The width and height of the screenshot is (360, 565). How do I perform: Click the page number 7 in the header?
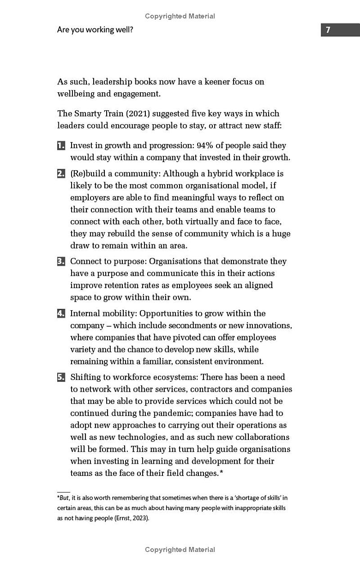tap(328, 30)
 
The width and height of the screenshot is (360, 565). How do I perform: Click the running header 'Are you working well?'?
tap(95, 30)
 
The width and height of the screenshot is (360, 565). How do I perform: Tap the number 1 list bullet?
tap(61, 146)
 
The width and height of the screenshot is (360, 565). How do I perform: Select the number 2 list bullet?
tap(61, 174)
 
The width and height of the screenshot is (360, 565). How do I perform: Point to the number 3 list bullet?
tap(61, 262)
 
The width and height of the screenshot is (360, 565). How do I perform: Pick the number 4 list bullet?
tap(61, 314)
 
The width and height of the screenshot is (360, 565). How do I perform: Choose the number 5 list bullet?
tap(61, 378)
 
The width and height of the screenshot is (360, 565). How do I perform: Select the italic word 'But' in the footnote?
tap(64, 498)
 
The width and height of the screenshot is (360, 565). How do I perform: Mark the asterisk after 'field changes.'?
tap(221, 472)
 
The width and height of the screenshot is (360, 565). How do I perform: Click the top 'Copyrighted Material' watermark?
tap(180, 16)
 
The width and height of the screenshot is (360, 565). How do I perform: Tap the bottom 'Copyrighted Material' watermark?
tap(180, 550)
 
